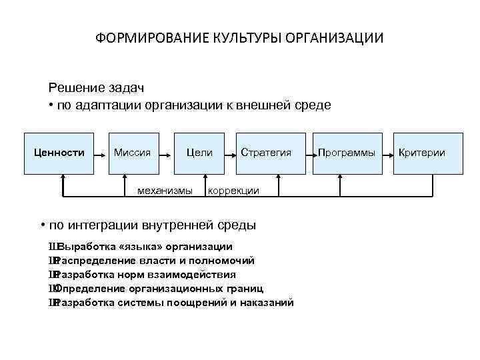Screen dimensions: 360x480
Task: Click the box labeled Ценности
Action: point(59,153)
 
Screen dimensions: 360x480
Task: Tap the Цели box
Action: point(199,153)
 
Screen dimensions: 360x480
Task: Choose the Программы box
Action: point(347,153)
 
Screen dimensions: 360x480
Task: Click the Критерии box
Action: point(421,153)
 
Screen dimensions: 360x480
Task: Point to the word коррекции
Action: point(233,191)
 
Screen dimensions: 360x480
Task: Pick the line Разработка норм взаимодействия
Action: point(147,275)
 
